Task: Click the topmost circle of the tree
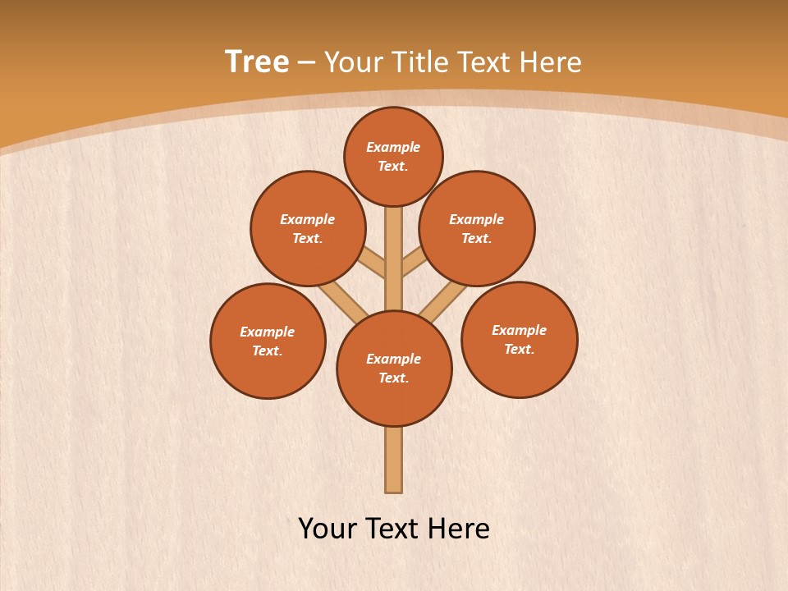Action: pyautogui.click(x=393, y=157)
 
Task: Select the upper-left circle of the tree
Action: pyautogui.click(x=308, y=228)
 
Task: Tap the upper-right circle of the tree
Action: pyautogui.click(x=477, y=228)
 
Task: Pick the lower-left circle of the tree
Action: pyautogui.click(x=268, y=341)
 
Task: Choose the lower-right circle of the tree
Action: pyautogui.click(x=519, y=339)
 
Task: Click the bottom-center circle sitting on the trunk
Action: pyautogui.click(x=394, y=369)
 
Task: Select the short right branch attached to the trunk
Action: pyautogui.click(x=414, y=263)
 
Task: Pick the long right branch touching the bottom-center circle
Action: pyautogui.click(x=442, y=301)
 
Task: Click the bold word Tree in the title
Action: pyautogui.click(x=257, y=62)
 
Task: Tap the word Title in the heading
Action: pyautogui.click(x=419, y=62)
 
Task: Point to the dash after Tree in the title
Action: pyautogui.click(x=306, y=62)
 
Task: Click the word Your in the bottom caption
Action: pyautogui.click(x=328, y=529)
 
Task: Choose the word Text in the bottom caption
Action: pyautogui.click(x=393, y=529)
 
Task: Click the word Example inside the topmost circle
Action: pyautogui.click(x=393, y=148)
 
